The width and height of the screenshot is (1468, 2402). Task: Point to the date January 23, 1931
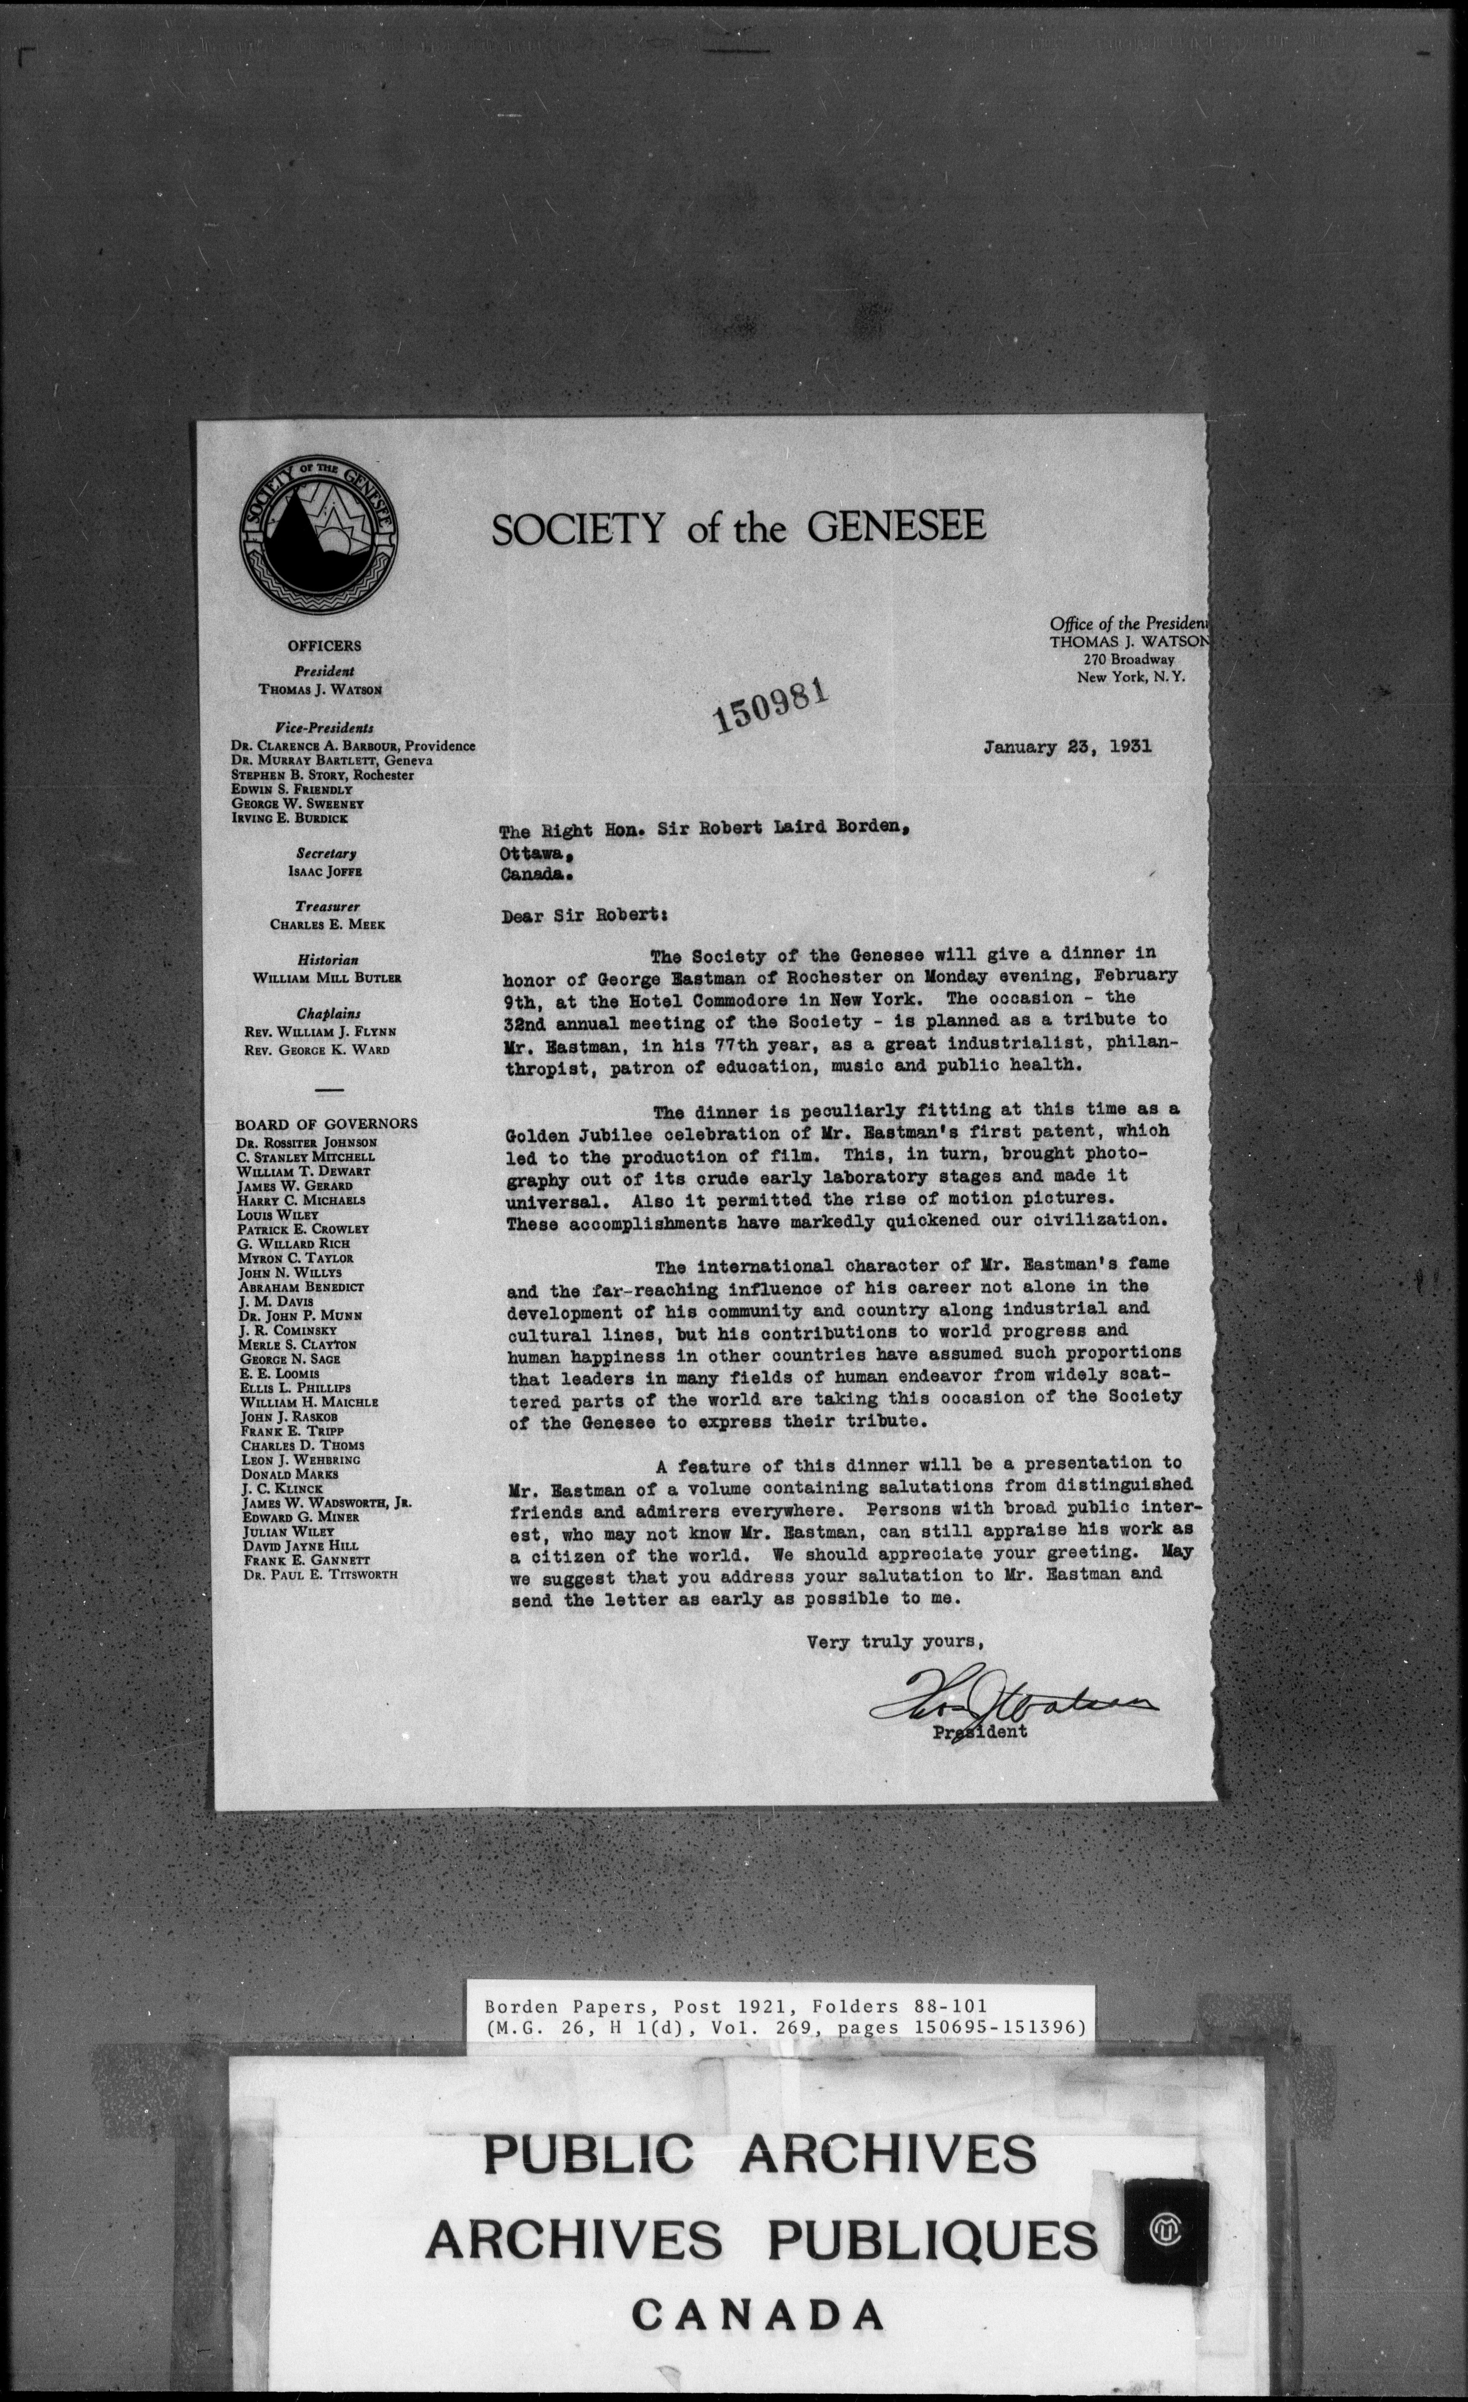click(x=1067, y=748)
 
